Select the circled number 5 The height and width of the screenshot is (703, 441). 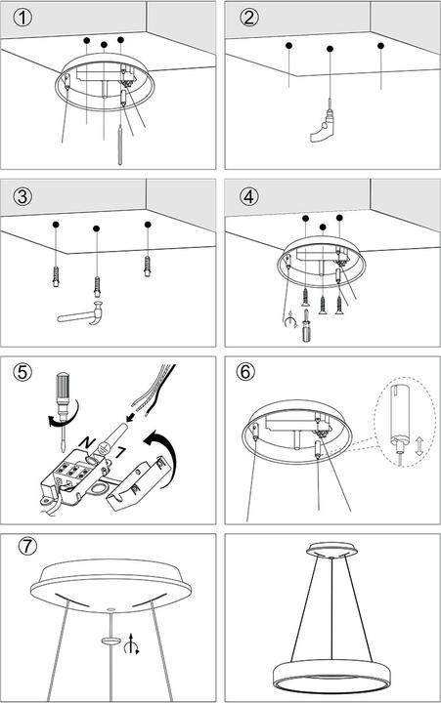22,372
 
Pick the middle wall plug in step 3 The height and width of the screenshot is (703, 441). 96,286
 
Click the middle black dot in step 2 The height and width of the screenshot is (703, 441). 331,48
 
